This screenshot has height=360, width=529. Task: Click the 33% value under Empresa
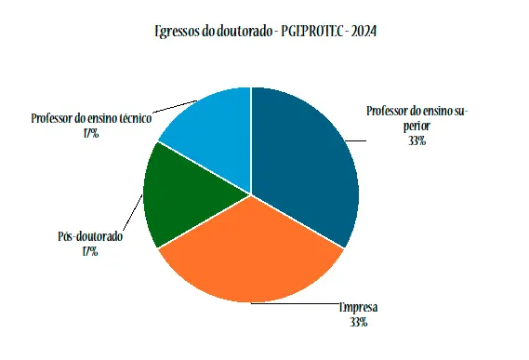tap(359, 322)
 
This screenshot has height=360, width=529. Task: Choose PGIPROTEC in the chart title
tap(310, 32)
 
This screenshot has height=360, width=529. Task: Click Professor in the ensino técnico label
tap(51, 119)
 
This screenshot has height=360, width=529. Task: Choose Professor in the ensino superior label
tap(388, 112)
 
